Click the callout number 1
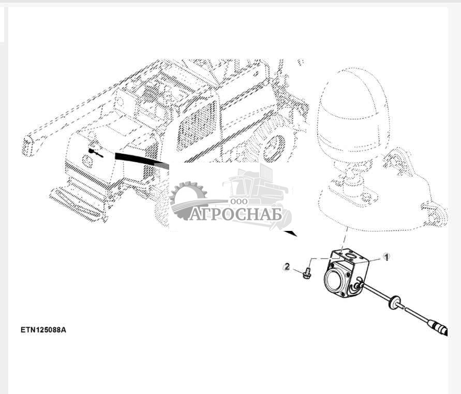386,257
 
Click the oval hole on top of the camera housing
350,254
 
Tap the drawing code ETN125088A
43,330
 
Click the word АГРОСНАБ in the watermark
235,214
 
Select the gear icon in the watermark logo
188,200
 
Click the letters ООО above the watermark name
239,201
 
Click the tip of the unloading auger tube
27,146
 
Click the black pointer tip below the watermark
296,236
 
